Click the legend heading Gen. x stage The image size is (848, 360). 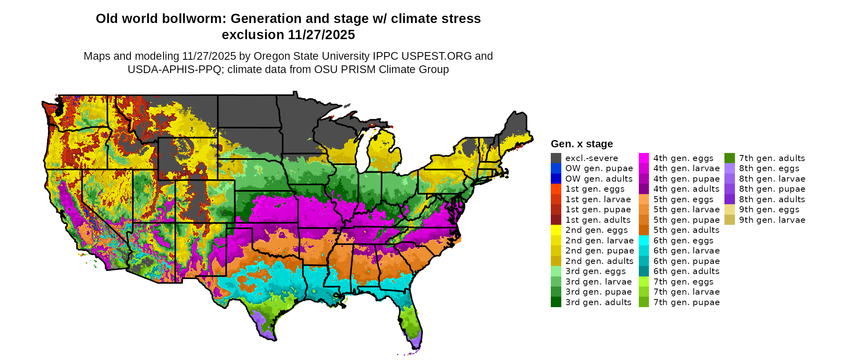[x=581, y=144]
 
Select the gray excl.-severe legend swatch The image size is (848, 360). [x=556, y=158]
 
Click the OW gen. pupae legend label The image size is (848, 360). [x=599, y=168]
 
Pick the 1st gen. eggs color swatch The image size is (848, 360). [x=556, y=189]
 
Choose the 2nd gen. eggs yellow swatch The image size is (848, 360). [x=556, y=230]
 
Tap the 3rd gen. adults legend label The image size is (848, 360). [x=598, y=302]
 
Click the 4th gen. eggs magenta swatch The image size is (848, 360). [x=644, y=158]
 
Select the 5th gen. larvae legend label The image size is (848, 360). [x=686, y=209]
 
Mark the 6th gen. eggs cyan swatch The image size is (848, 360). [x=644, y=241]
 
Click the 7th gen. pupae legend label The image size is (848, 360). [x=686, y=302]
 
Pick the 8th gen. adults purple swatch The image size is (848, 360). [x=729, y=199]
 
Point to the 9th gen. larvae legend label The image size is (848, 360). [x=772, y=220]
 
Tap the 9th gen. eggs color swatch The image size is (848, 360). [x=729, y=209]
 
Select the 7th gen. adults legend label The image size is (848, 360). [x=772, y=158]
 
